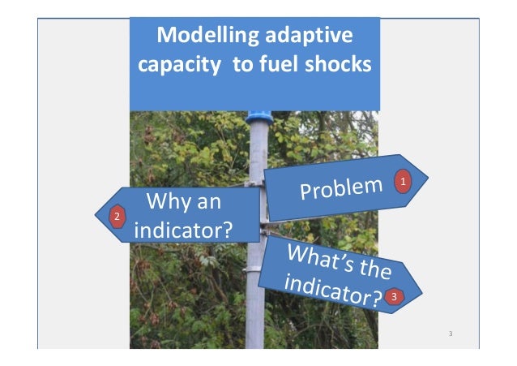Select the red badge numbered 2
point(117,217)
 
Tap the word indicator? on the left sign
point(183,230)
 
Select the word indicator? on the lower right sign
point(332,288)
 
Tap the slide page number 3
point(451,334)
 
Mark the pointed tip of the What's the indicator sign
point(421,285)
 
